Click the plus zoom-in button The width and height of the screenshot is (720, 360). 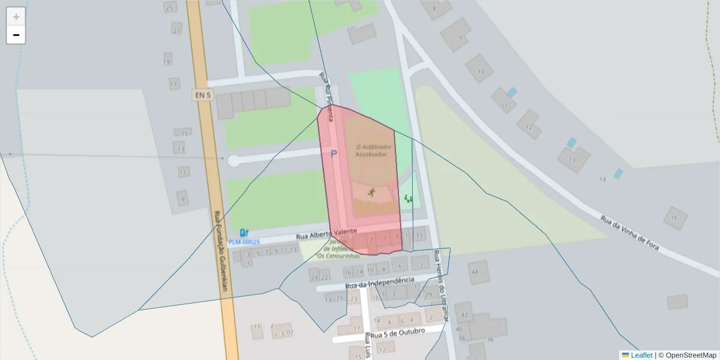point(16,17)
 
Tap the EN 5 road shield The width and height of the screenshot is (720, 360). point(203,95)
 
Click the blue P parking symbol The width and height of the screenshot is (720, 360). point(334,154)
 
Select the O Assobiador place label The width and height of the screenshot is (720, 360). point(374,147)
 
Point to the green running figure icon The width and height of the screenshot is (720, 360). point(371,192)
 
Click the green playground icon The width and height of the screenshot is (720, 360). point(409,199)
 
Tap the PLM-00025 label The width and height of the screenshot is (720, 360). point(244,242)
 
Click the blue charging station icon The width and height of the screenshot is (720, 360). point(244,233)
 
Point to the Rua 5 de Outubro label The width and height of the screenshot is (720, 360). point(398,332)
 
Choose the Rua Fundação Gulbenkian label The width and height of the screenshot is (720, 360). point(220,250)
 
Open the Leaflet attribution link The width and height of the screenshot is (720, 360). point(641,355)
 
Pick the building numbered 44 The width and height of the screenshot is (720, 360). point(475,272)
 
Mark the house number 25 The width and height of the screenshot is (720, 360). point(169,8)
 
